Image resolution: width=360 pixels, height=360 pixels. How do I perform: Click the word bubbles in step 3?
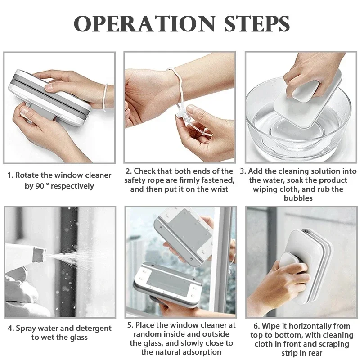pyautogui.click(x=297, y=198)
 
